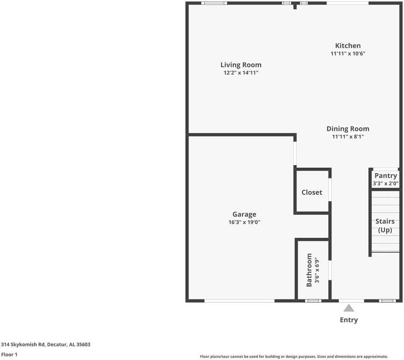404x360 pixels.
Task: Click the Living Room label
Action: pos(241,65)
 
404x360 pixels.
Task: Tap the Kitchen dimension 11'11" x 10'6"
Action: pos(348,54)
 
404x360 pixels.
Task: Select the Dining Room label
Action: pos(348,129)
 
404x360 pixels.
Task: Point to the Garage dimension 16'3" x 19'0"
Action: pos(244,222)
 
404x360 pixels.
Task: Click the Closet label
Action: pos(312,192)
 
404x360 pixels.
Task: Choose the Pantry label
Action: pos(386,175)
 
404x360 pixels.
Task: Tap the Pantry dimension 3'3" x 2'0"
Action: pos(386,184)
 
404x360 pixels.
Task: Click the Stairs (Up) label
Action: pos(385,226)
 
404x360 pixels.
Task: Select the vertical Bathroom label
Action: pos(309,270)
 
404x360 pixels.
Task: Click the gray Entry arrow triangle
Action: pos(349,308)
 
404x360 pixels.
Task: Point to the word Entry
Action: pos(349,320)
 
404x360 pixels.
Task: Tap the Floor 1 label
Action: pos(9,354)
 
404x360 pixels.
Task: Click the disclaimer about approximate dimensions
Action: pos(294,357)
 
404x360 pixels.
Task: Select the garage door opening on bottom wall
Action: pos(239,300)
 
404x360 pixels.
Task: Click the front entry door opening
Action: pos(351,300)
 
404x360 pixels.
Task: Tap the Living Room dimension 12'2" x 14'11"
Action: pos(241,73)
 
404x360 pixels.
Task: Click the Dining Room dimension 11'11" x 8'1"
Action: pos(348,137)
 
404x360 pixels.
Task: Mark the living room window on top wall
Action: pos(214,3)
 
